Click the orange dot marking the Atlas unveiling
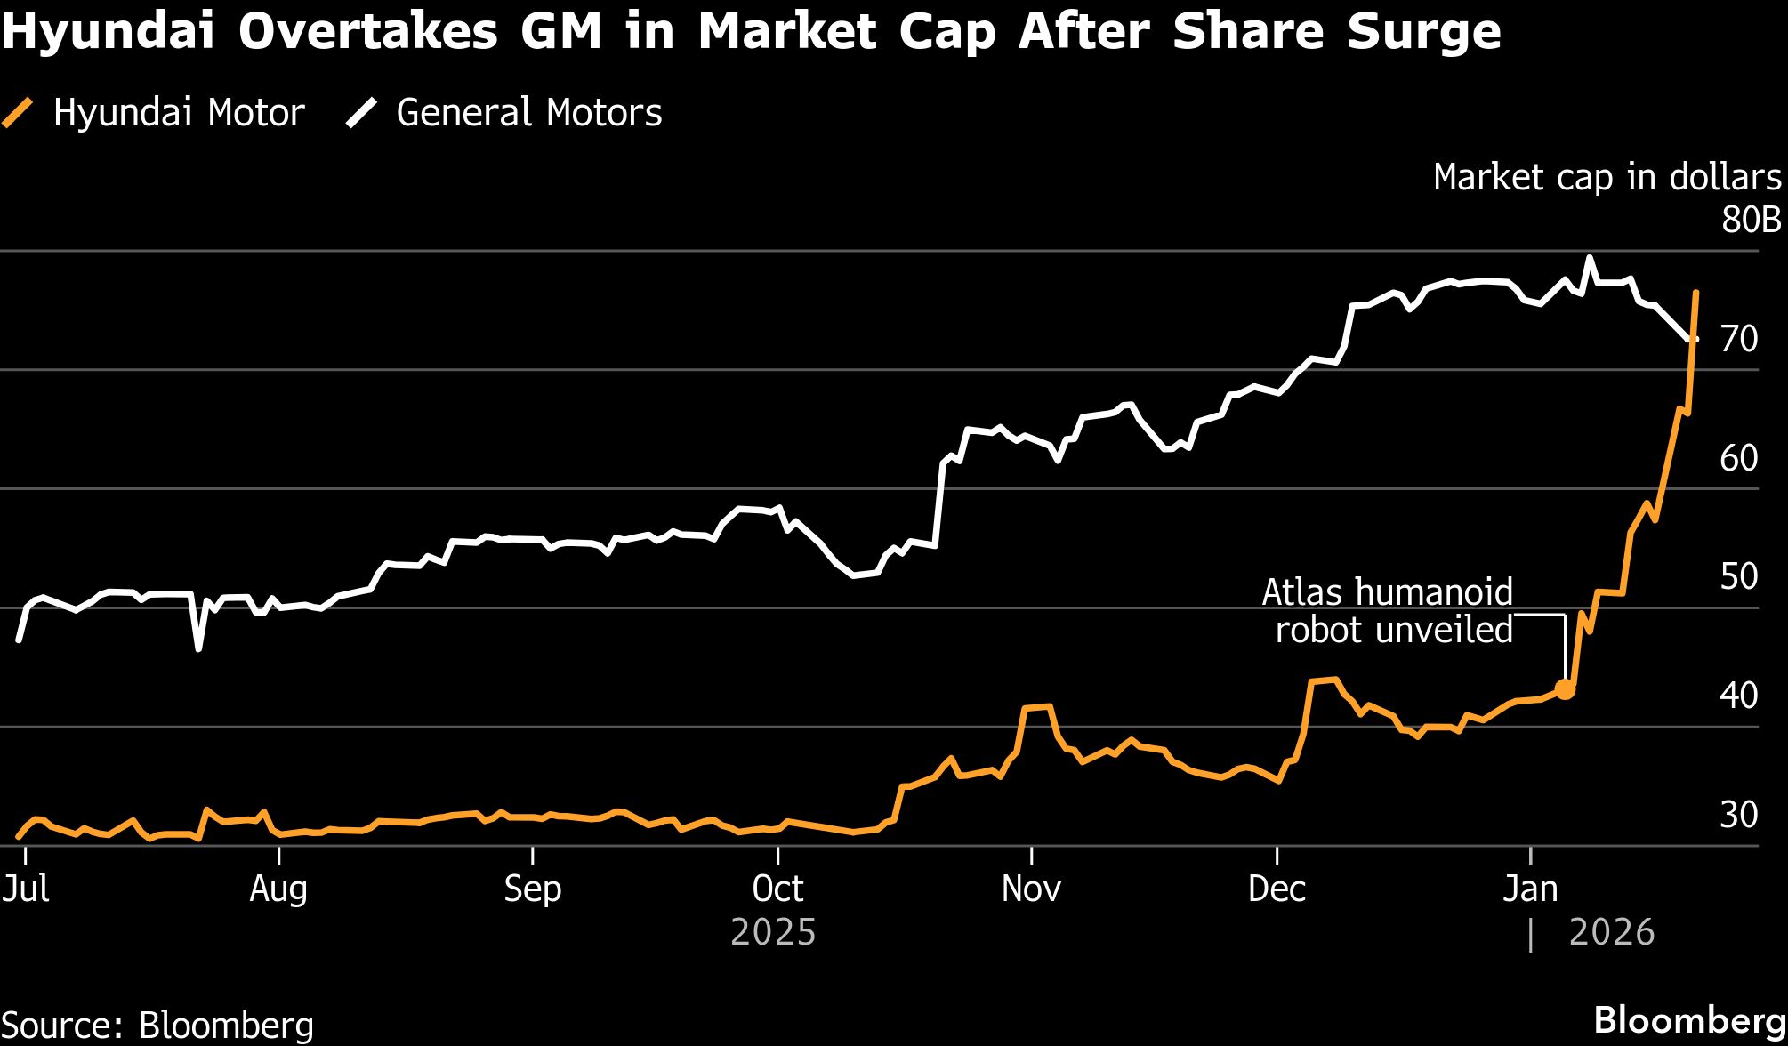(x=1565, y=689)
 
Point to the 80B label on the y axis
(x=1751, y=220)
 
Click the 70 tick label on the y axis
(x=1739, y=339)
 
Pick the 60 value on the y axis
(x=1739, y=458)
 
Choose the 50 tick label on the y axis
(x=1739, y=576)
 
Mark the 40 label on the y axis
(x=1739, y=696)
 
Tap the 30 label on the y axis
(x=1739, y=815)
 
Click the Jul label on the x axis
(x=25, y=889)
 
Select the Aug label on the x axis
(x=278, y=889)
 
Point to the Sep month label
(x=532, y=889)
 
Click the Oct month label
(x=777, y=889)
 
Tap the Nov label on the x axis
(x=1031, y=889)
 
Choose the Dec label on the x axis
(x=1277, y=889)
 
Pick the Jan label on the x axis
(x=1530, y=889)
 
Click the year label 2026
(x=1611, y=933)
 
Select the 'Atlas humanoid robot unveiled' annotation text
(x=1388, y=611)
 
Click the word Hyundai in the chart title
(x=109, y=32)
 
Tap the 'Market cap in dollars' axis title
(x=1607, y=178)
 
